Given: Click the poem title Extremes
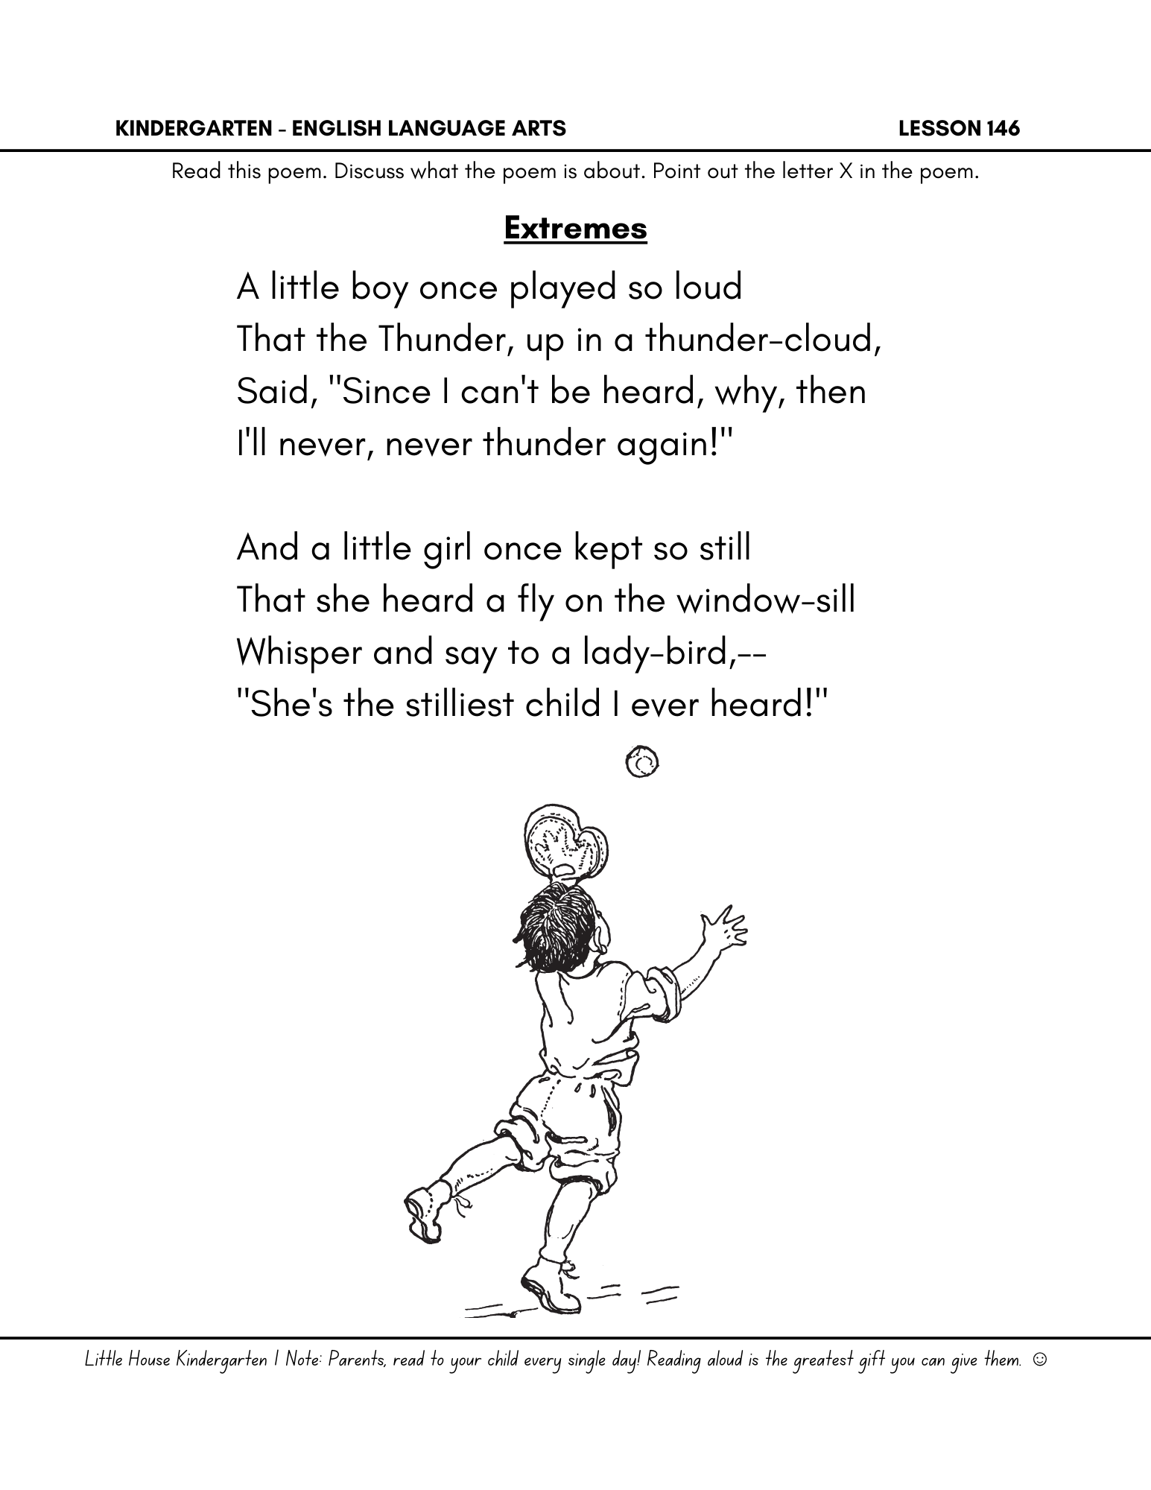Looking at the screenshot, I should [575, 228].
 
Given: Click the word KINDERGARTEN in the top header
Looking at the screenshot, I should [196, 129].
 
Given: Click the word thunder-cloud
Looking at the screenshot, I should [762, 340].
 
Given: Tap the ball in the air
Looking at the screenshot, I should [642, 762].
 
